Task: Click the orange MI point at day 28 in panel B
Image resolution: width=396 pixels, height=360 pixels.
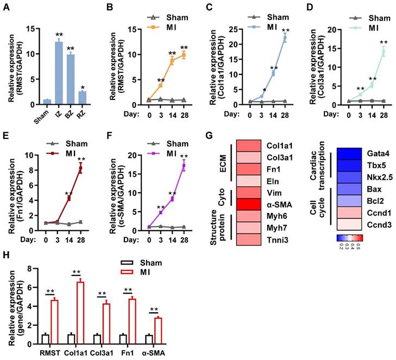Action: click(184, 54)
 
